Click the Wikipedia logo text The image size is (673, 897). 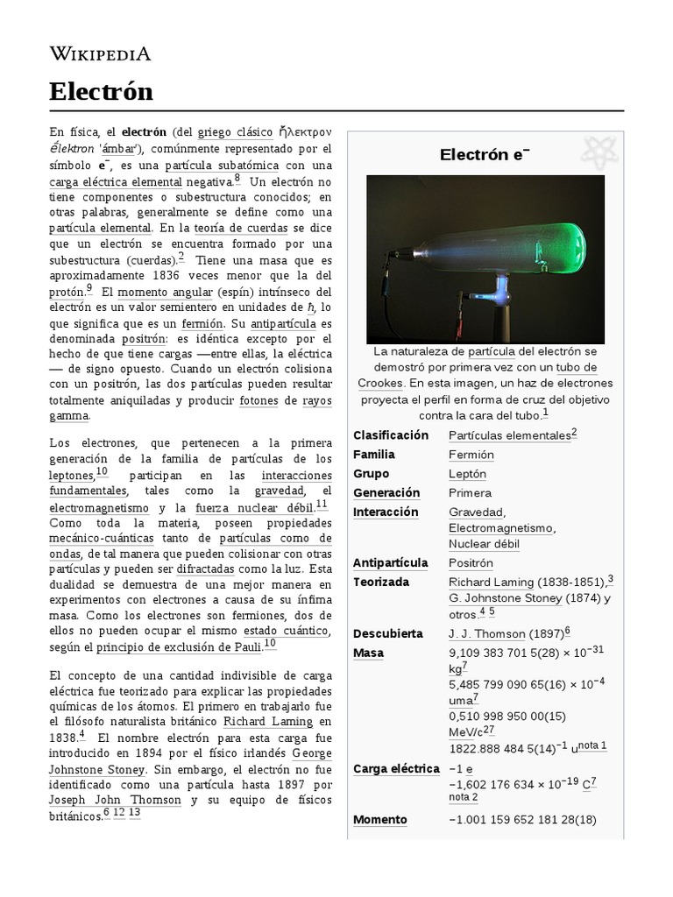point(99,54)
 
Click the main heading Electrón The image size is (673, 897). point(101,91)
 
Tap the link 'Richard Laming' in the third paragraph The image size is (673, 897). point(267,721)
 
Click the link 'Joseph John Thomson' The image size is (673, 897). point(115,800)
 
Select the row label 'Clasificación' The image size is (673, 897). point(390,435)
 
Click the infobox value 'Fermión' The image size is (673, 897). point(471,455)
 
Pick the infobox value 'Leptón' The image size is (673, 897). point(467,474)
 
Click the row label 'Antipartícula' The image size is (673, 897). point(390,562)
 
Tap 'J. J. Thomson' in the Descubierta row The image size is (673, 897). point(487,633)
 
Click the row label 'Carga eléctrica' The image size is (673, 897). point(396,768)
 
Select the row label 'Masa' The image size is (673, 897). point(368,653)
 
